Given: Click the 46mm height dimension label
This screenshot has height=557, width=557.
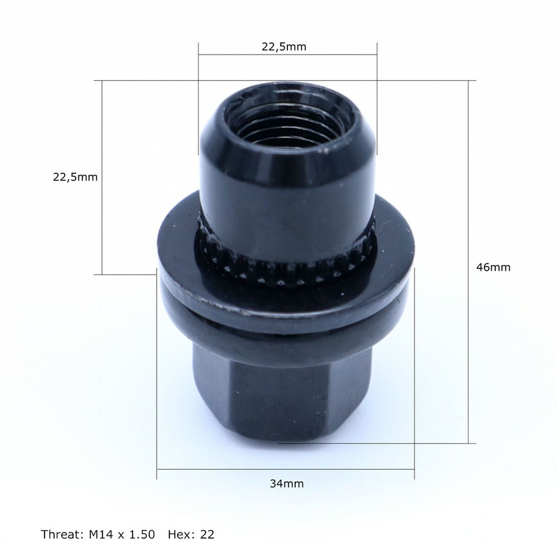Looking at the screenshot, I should pyautogui.click(x=493, y=267).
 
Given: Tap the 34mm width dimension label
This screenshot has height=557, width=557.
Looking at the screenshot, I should pyautogui.click(x=286, y=484).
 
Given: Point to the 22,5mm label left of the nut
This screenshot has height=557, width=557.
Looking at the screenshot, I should pyautogui.click(x=75, y=177).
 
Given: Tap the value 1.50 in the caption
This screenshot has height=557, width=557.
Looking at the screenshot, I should pyautogui.click(x=142, y=535).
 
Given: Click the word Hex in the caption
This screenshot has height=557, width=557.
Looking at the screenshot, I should pyautogui.click(x=181, y=535).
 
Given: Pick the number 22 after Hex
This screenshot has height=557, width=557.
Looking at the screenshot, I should pyautogui.click(x=207, y=535).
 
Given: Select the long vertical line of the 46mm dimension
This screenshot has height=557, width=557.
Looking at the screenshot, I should pyautogui.click(x=468, y=325).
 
